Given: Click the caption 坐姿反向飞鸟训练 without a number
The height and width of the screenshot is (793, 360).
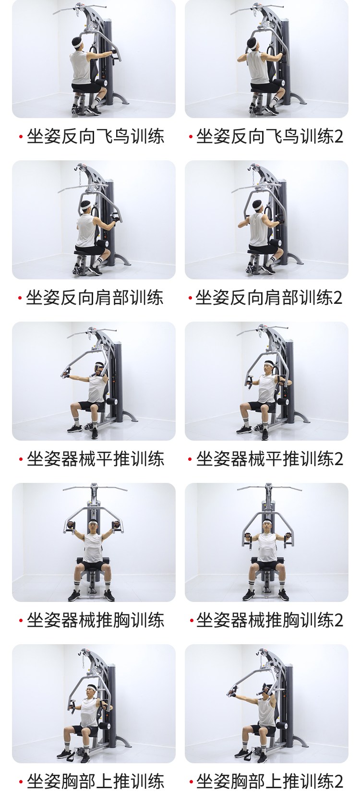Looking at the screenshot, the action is [x=96, y=136].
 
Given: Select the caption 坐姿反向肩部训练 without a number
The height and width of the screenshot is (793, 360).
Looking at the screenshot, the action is [x=95, y=298].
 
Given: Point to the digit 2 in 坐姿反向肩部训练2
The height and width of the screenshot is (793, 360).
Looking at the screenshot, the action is [x=338, y=298].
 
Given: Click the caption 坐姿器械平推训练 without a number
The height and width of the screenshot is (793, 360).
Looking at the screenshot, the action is [x=96, y=459].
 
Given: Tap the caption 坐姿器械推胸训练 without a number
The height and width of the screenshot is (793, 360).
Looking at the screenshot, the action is [x=96, y=620].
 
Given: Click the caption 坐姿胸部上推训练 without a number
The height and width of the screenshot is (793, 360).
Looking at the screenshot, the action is [x=96, y=781].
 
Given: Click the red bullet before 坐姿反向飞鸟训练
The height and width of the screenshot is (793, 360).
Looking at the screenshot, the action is [x=21, y=137].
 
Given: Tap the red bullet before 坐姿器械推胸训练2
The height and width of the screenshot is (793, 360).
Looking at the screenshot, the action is [x=192, y=620].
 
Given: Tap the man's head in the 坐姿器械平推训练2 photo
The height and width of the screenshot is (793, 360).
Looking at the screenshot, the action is [x=268, y=368].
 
